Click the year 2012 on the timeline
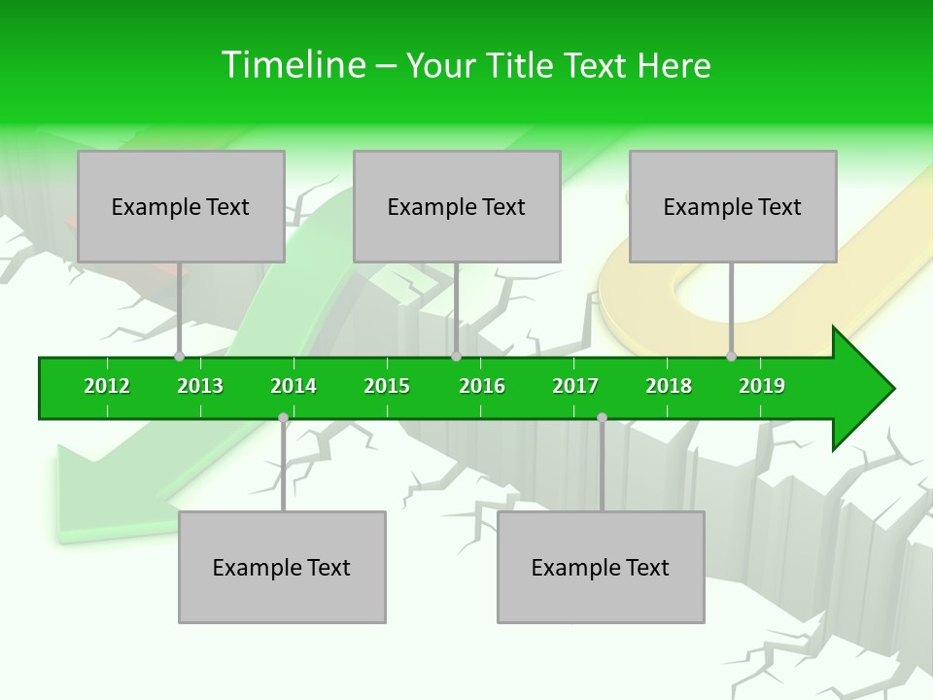point(107,386)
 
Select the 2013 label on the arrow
point(200,386)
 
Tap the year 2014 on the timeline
point(294,386)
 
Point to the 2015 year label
point(387,386)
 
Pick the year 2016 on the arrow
point(482,386)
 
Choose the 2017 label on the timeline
point(575,386)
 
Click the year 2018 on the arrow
point(669,386)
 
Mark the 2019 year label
point(762,386)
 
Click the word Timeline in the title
point(293,65)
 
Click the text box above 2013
point(181,206)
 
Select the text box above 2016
point(457,206)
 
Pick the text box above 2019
point(733,206)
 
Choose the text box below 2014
point(282,567)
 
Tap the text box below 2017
point(601,567)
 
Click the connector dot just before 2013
point(180,357)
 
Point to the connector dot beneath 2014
point(283,418)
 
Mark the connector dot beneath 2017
point(602,418)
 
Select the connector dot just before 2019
point(732,357)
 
